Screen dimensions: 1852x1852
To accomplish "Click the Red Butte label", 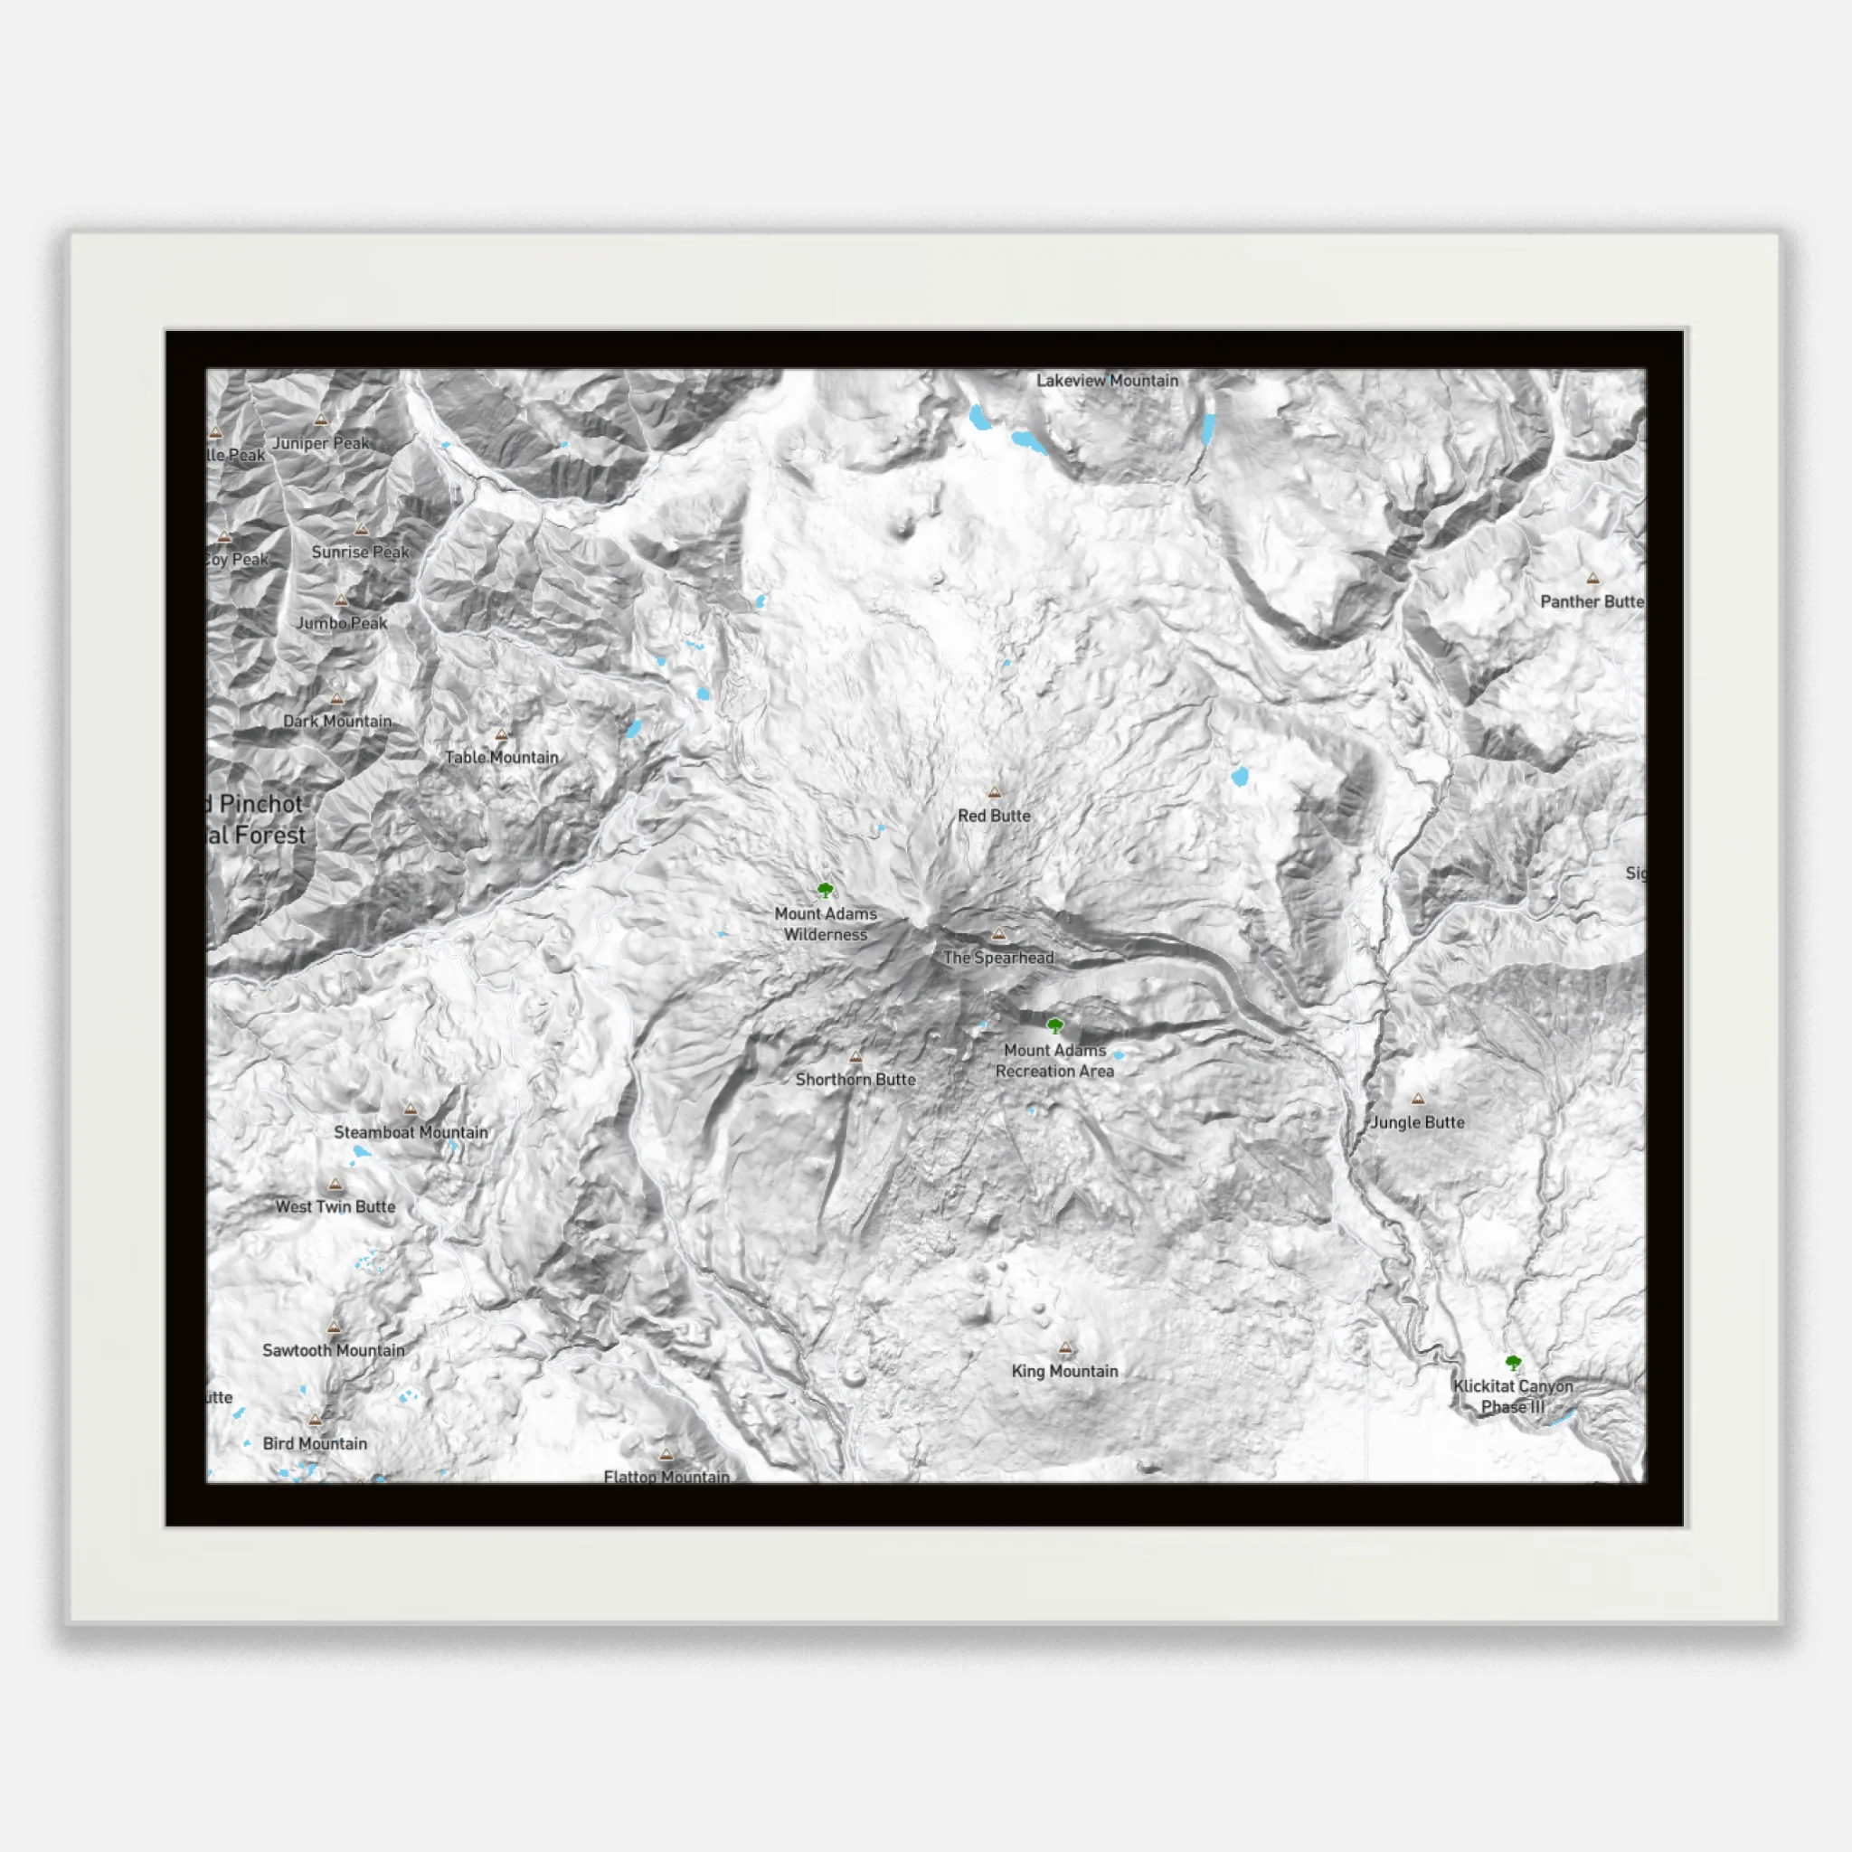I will click(x=994, y=816).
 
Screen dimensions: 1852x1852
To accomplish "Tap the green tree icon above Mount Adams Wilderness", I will click(x=826, y=891).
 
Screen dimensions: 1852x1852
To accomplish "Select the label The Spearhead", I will click(x=998, y=958).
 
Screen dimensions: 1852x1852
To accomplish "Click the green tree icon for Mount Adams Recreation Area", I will click(x=1055, y=1026).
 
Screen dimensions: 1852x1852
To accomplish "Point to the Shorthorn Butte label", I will click(x=855, y=1080).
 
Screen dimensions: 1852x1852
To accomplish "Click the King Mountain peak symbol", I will click(x=1065, y=1347).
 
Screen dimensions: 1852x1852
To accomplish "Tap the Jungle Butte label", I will click(x=1417, y=1122).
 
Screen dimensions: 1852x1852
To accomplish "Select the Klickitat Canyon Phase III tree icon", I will click(x=1513, y=1363).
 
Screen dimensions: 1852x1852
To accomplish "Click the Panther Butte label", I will click(x=1592, y=602).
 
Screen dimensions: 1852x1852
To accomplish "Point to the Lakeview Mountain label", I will click(x=1107, y=381).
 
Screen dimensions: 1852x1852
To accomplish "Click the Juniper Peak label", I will click(x=321, y=443).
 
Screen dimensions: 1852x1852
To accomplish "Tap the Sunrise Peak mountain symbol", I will click(x=362, y=530).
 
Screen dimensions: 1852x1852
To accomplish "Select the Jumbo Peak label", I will click(x=341, y=623).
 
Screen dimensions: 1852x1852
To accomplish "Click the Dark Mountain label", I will click(x=337, y=721).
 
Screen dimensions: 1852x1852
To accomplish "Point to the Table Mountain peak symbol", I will click(x=501, y=735).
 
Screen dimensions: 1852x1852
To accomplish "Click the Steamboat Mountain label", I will click(x=411, y=1132).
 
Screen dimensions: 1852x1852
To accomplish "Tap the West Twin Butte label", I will click(x=335, y=1207).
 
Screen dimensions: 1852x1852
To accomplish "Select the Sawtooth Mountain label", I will click(x=334, y=1351).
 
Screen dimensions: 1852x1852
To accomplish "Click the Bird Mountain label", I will click(x=315, y=1443).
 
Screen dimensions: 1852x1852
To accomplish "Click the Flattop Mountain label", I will click(x=666, y=1476).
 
